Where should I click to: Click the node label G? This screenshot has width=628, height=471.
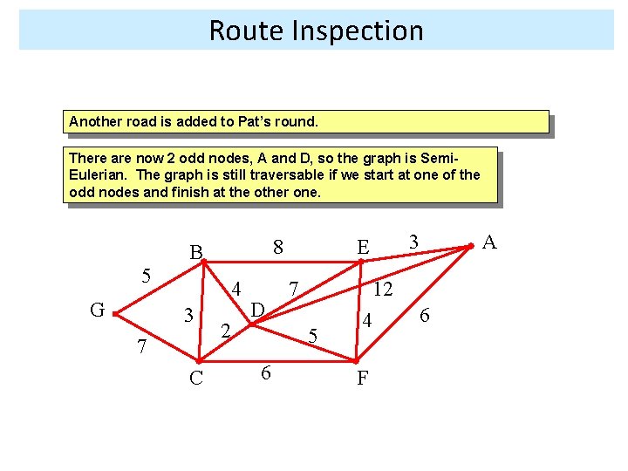pos(98,310)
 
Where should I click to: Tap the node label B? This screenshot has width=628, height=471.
pos(197,253)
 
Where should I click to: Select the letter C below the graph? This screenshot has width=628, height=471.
pos(196,377)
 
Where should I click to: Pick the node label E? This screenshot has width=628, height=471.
pos(362,248)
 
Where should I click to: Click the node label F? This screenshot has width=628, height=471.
pos(362,379)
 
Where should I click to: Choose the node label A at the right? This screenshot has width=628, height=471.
pos(489,242)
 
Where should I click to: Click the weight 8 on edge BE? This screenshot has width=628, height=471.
pos(277,247)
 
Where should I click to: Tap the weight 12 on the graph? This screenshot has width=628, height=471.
pos(382,290)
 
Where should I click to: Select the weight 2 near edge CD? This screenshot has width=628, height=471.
pos(224,331)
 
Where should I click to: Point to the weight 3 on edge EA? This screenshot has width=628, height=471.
pos(414,241)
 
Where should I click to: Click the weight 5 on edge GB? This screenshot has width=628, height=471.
pos(147,276)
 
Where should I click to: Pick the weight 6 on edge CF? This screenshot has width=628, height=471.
pos(266,372)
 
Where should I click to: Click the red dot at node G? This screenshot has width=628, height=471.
pos(115,314)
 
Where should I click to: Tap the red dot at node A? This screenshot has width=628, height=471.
pos(470,248)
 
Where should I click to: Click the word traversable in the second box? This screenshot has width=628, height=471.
pos(247,174)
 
